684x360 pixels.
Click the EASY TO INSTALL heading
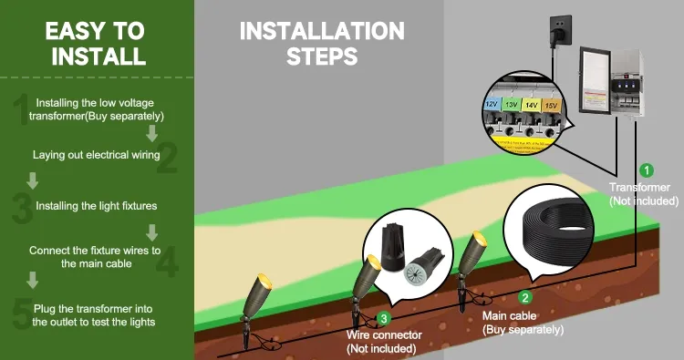coord(96,43)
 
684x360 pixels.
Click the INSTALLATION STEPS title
coord(321,43)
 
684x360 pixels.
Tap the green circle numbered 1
coord(646,170)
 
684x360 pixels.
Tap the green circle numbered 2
coord(523,297)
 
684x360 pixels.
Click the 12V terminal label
coord(491,104)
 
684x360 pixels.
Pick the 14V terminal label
coord(531,106)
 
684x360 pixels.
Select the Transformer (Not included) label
coord(645,193)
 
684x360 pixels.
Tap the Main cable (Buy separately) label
coord(517,321)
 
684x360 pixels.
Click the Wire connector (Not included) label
coord(381,341)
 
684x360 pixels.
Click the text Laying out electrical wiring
coord(91,155)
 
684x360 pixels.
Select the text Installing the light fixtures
coord(95,206)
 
